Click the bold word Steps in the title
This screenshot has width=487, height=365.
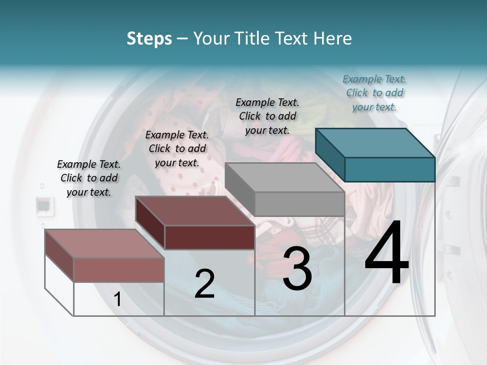coord(149,39)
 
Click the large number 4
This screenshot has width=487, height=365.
coord(387,255)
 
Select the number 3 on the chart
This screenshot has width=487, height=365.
coord(297,269)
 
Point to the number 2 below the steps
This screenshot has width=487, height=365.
coord(204,284)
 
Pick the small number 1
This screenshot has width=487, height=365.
coord(117,300)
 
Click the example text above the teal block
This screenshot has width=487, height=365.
coord(374,93)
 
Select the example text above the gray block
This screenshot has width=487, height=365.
coord(267,116)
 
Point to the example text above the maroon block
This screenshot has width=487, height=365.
coord(177,149)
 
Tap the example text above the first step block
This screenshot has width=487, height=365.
coord(89,178)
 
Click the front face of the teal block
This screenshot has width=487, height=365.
coord(390,169)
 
